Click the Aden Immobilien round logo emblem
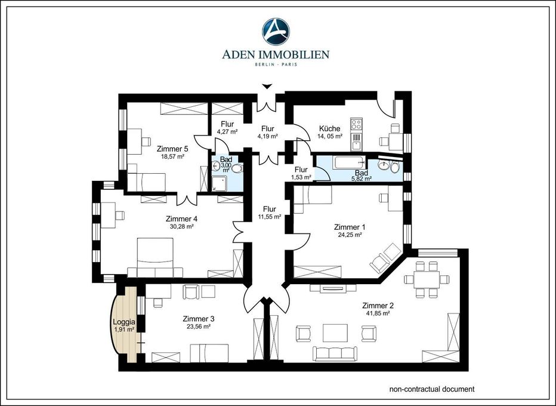[276, 32]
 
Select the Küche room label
[329, 128]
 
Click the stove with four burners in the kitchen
[356, 124]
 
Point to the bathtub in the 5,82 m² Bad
[348, 162]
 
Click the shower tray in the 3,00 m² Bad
[218, 184]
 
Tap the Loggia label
[123, 322]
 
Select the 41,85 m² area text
[378, 313]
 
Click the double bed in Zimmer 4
[155, 257]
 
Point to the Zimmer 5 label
[172, 149]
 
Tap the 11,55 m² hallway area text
[270, 217]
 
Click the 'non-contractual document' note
[432, 389]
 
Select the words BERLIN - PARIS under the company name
[276, 64]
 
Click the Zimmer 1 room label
[350, 227]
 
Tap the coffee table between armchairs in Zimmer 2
[335, 333]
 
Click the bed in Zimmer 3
[209, 353]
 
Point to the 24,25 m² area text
[350, 235]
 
